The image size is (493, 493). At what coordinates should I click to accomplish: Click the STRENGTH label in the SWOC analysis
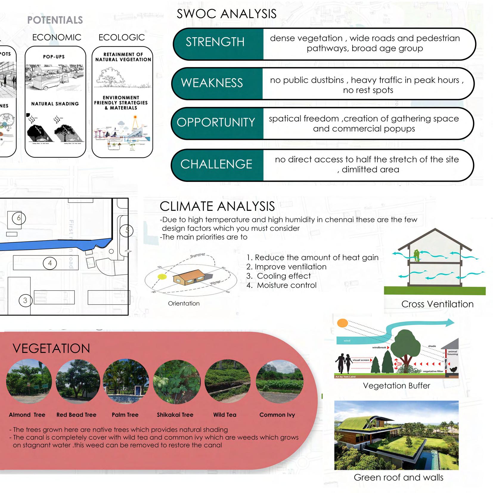[x=215, y=42]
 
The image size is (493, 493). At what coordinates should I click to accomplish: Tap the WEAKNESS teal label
[x=212, y=83]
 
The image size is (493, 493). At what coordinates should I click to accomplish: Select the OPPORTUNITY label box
[x=216, y=123]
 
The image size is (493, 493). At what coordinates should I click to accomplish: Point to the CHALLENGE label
[x=216, y=164]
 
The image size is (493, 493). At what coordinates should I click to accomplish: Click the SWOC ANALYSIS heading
[x=227, y=14]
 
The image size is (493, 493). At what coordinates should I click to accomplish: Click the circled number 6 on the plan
[x=19, y=218]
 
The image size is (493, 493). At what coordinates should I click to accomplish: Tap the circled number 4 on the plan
[x=50, y=263]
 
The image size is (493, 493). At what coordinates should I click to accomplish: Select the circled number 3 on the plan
[x=25, y=300]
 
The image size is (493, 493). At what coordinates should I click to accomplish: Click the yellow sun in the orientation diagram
[x=162, y=277]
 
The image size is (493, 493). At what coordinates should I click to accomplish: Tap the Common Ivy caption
[x=277, y=415]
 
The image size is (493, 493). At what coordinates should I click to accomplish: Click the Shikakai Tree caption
[x=175, y=415]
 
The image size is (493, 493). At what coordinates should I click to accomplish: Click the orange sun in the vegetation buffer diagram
[x=342, y=323]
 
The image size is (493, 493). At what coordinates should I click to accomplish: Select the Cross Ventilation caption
[x=437, y=304]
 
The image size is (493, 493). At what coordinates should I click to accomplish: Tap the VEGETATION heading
[x=51, y=348]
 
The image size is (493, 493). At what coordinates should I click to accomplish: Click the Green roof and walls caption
[x=398, y=478]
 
